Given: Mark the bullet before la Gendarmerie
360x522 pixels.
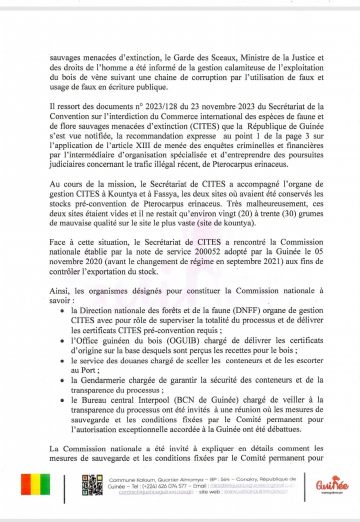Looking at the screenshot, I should point(61,380).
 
